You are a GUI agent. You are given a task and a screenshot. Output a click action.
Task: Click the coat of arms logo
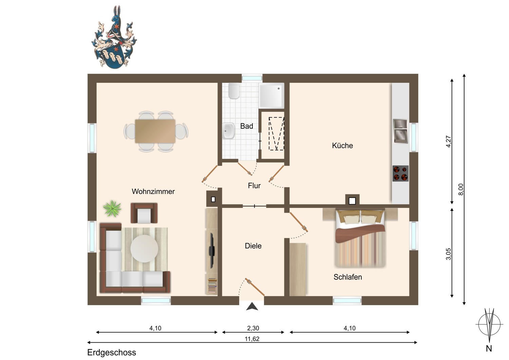click(x=114, y=37)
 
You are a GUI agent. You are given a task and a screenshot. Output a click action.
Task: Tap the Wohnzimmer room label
click(x=153, y=192)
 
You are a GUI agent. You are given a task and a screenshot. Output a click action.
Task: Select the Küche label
click(x=342, y=146)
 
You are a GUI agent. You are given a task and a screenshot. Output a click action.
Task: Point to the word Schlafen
click(x=348, y=277)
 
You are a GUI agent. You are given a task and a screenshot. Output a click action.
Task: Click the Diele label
click(x=253, y=246)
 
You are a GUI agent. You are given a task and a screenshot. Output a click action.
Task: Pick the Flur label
click(x=254, y=185)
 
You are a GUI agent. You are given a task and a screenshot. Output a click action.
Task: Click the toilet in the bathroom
click(x=234, y=91)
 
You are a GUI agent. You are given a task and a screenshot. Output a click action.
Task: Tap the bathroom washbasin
click(x=228, y=131)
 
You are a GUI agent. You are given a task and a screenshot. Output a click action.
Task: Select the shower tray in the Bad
click(x=271, y=95)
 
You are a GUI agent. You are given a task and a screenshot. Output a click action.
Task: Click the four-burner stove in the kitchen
click(x=400, y=173)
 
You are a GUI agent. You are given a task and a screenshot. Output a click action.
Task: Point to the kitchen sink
click(x=400, y=131)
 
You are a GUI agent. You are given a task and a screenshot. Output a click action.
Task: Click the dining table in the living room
click(x=155, y=131)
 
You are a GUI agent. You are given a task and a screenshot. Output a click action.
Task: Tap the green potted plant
click(x=112, y=208)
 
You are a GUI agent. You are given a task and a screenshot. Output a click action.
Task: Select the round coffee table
click(x=144, y=249)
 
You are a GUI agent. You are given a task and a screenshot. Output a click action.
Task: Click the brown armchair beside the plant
click(x=144, y=213)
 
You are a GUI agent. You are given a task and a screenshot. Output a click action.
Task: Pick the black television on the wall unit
click(x=212, y=250)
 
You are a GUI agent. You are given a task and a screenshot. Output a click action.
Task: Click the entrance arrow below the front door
click(x=252, y=306)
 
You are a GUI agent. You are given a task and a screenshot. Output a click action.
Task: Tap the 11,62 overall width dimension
click(x=252, y=339)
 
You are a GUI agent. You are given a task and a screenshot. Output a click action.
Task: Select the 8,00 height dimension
click(x=460, y=189)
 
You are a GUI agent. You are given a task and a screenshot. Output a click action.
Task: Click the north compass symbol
click(x=489, y=325)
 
